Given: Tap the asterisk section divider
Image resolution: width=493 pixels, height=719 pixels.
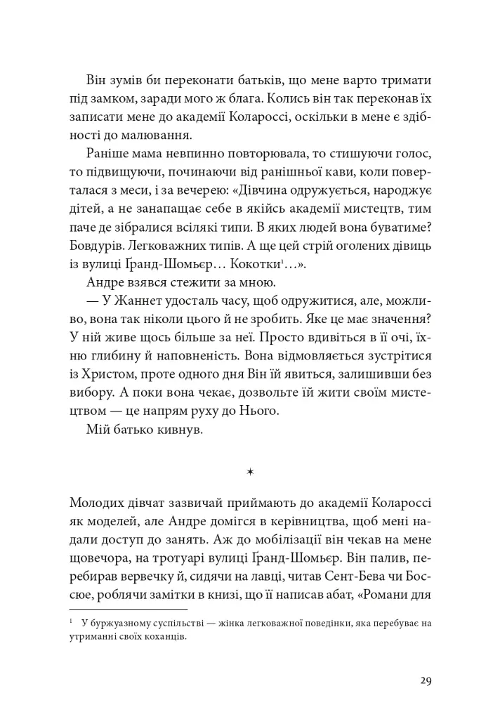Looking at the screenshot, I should coord(250,473).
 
